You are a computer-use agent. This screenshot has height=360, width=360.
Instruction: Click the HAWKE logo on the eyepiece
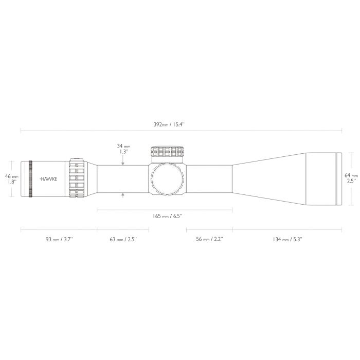[49, 179]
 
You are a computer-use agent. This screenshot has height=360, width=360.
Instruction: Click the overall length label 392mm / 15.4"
[180, 124]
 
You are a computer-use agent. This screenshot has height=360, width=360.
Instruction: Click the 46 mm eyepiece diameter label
[12, 176]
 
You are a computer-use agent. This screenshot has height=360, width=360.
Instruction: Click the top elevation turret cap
[167, 151]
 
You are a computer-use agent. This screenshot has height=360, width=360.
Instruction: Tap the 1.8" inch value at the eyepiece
[12, 182]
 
